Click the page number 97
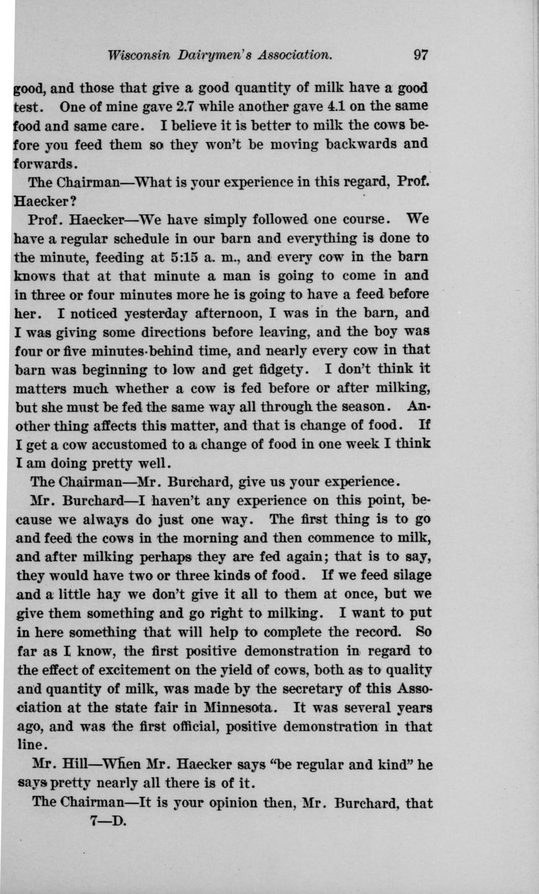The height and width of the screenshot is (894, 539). tap(421, 55)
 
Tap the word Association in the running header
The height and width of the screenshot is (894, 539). tap(295, 55)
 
